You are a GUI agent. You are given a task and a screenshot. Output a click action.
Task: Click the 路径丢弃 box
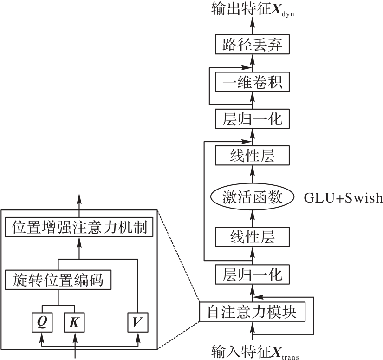[252, 44]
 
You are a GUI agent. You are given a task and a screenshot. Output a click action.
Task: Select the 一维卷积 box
[252, 82]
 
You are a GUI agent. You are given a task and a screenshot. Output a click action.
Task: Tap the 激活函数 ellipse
[252, 197]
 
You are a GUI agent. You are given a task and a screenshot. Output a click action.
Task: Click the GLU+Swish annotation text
[343, 197]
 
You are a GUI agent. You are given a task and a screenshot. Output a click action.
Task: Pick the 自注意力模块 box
[252, 312]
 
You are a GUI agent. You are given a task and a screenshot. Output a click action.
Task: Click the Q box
[42, 322]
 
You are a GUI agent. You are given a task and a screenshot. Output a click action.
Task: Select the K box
[74, 322]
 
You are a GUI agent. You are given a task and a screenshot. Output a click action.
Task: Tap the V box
[138, 322]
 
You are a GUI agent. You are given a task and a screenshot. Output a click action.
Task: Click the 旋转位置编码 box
[58, 280]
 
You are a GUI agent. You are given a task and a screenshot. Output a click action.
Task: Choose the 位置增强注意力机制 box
[79, 227]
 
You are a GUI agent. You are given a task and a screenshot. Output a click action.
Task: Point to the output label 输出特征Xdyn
[253, 9]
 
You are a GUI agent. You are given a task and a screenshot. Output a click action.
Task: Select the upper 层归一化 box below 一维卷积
[252, 118]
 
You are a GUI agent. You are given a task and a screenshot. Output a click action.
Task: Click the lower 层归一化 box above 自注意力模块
[252, 274]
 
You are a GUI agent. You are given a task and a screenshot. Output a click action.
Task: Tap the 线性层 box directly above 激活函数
[252, 156]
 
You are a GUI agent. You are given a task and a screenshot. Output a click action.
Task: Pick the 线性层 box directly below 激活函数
[252, 237]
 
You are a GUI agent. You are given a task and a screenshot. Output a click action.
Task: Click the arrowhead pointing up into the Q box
[42, 337]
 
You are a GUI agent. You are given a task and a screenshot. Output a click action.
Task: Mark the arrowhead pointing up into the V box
[138, 337]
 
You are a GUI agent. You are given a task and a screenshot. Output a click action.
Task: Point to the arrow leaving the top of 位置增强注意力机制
[79, 205]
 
